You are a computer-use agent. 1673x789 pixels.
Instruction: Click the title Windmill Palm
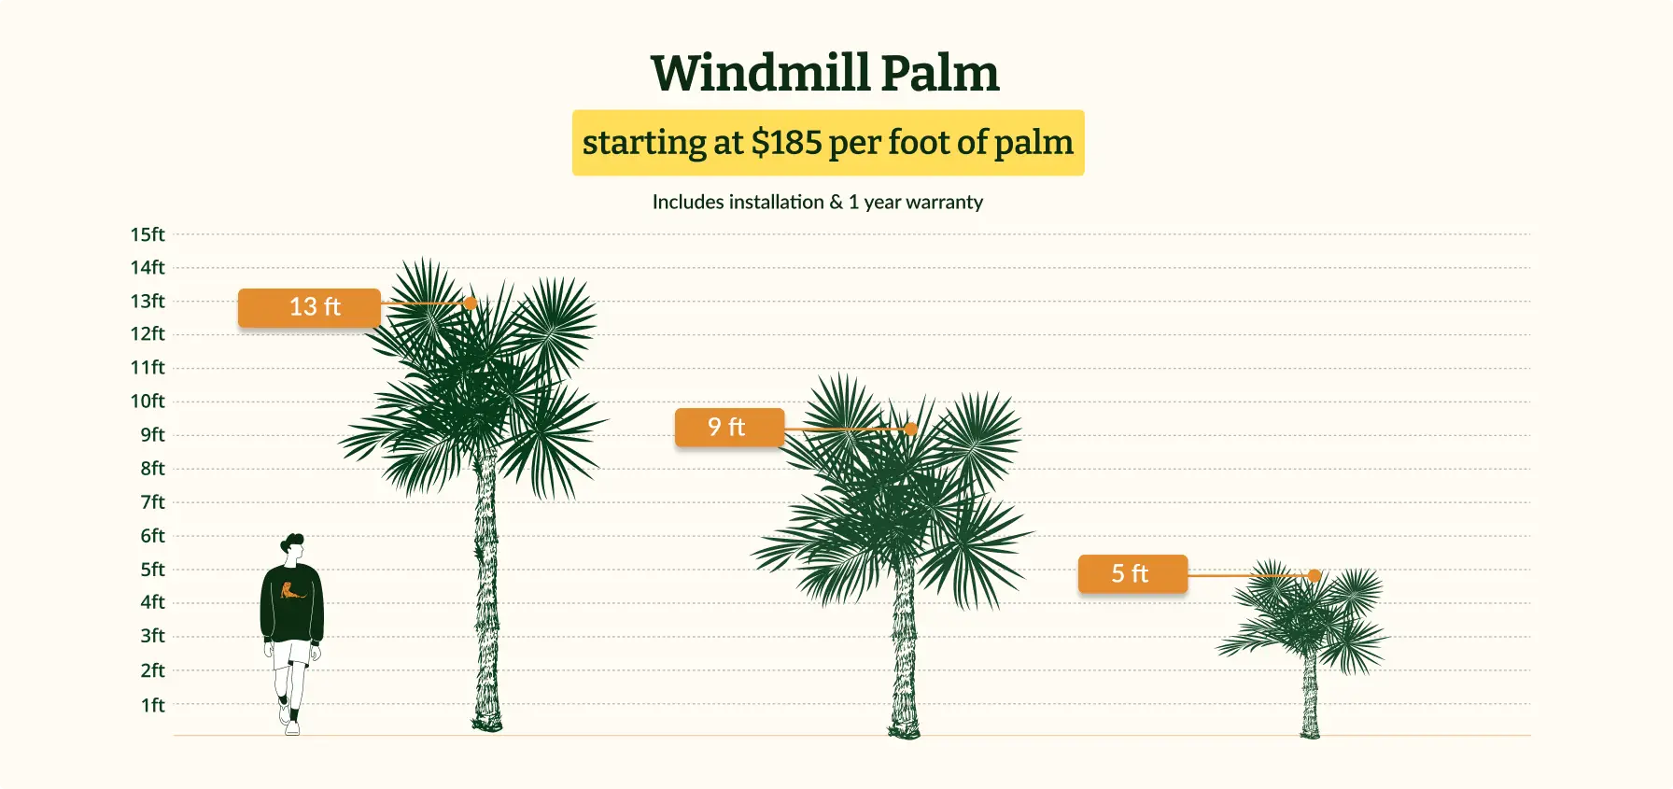coord(825,73)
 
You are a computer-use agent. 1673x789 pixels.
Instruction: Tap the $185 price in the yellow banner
coord(786,142)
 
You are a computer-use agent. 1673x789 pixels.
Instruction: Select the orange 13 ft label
coord(309,307)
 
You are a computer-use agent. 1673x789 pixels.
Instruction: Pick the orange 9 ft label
coord(729,427)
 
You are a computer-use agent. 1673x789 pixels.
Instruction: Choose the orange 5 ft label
coord(1132,573)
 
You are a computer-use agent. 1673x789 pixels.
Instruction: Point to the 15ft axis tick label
coord(148,234)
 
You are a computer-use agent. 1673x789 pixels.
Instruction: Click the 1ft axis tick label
coord(153,705)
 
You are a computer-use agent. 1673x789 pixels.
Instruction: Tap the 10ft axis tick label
coord(148,401)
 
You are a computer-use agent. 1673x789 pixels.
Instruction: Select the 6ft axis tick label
coord(153,535)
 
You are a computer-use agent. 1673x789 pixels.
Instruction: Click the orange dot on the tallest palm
coord(471,303)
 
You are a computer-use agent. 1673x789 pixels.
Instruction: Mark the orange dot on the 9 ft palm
coord(911,429)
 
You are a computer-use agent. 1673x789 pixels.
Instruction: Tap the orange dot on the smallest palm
coord(1314,575)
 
